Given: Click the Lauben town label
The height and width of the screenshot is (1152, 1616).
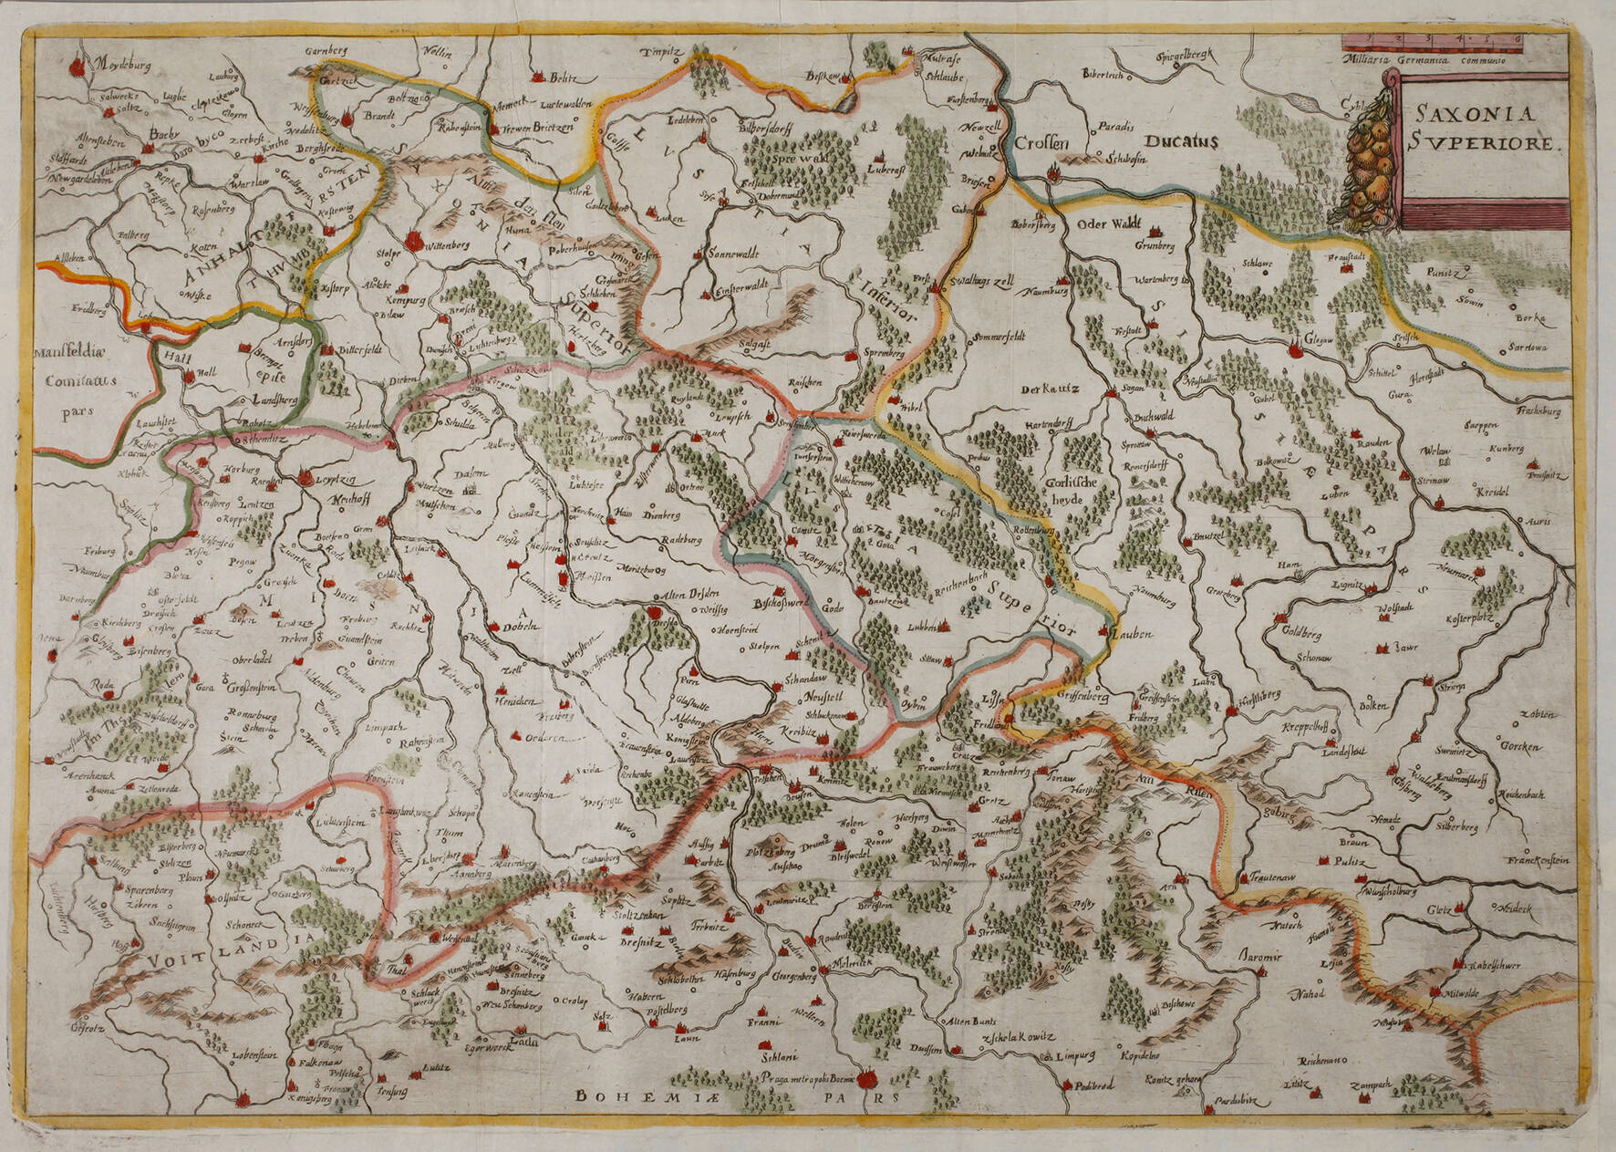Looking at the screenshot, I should [x=1132, y=632].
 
